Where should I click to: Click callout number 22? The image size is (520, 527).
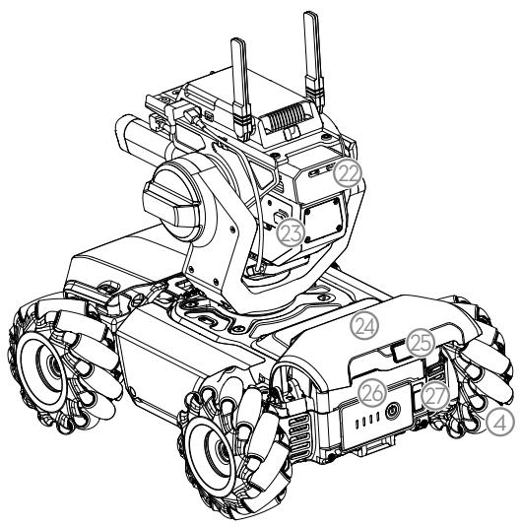click(348, 173)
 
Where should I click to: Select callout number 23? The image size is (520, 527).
click(292, 232)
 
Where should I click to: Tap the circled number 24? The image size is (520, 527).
click(364, 326)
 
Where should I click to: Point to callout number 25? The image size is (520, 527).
click(421, 343)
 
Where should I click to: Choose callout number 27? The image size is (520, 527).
click(435, 397)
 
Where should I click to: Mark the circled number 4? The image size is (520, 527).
click(500, 422)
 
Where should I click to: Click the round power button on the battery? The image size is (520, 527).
click(393, 411)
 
